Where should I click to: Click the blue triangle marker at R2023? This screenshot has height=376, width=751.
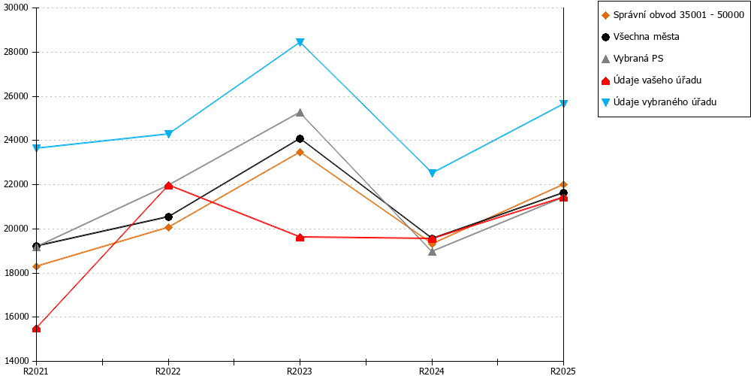[300, 42]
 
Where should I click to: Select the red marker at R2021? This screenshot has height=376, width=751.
[36, 329]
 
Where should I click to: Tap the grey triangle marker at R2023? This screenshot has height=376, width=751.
[300, 113]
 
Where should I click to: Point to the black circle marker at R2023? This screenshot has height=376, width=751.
[300, 138]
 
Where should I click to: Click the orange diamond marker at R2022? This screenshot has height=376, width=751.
[168, 227]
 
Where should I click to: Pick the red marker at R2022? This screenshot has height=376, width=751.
[168, 186]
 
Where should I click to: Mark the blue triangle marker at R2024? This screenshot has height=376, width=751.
[432, 173]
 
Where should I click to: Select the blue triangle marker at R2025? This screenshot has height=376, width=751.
[564, 104]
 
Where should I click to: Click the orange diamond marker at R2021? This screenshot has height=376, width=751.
[36, 266]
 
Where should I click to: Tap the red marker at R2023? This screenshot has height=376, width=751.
[300, 237]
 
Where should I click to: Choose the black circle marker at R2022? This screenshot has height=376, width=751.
[168, 217]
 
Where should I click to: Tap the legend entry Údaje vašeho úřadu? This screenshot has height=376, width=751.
[654, 80]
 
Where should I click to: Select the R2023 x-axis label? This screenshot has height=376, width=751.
[300, 371]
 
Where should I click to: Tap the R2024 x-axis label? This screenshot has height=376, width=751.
[432, 371]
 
